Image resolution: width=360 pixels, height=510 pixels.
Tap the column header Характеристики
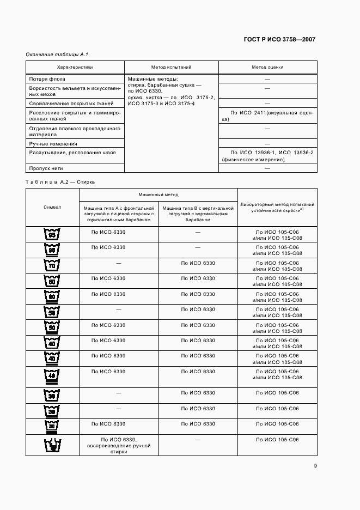tap(75, 68)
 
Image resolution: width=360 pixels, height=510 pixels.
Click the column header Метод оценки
tap(267, 68)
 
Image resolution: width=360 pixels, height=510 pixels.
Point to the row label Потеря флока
tap(47, 79)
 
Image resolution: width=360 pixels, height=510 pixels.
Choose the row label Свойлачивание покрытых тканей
tap(71, 103)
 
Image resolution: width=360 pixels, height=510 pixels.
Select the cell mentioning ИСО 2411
tap(267, 116)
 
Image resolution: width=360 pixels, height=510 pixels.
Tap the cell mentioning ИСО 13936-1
tap(267, 156)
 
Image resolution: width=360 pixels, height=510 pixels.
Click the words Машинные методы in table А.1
tap(149, 79)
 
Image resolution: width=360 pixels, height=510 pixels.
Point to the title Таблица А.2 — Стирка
tap(60, 182)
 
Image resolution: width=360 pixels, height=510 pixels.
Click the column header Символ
tap(52, 207)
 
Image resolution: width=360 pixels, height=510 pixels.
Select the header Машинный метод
tap(158, 195)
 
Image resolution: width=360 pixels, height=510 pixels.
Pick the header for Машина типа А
tap(119, 214)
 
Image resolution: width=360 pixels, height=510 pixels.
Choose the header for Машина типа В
tap(198, 214)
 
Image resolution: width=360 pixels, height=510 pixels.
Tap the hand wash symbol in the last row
tap(52, 445)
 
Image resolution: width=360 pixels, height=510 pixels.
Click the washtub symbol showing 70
tap(52, 265)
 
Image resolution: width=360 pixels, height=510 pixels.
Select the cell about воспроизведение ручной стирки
tap(119, 445)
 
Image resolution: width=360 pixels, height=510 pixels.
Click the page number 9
tap(315, 466)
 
